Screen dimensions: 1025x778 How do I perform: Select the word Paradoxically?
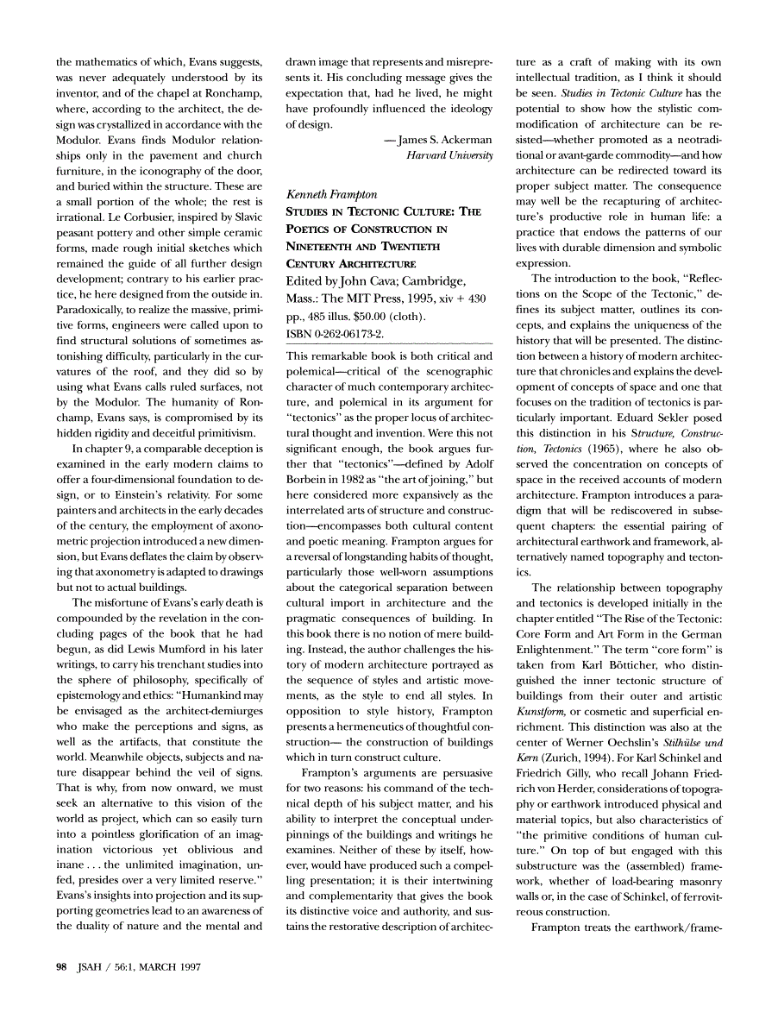[x=96, y=309]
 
